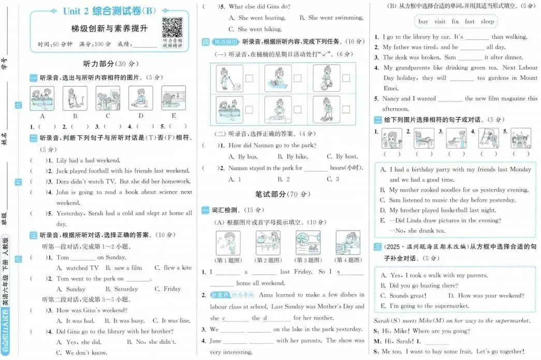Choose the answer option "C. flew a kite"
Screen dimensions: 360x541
point(173,268)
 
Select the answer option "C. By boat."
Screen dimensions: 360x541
point(342,156)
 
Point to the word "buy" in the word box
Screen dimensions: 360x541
point(423,22)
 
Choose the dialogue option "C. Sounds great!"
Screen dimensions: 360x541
point(403,296)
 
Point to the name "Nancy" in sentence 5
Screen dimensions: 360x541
point(391,98)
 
